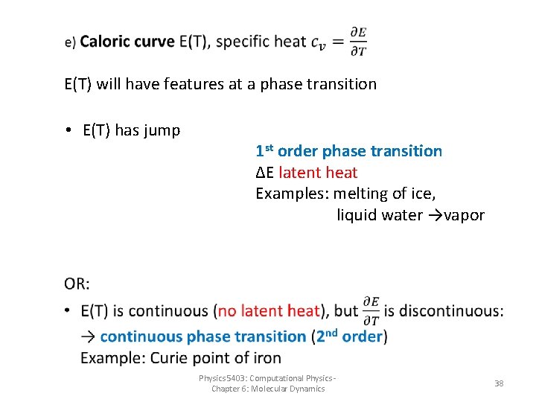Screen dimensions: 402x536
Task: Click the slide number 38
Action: tap(499, 383)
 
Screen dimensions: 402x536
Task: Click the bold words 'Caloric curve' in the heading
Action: tap(127, 42)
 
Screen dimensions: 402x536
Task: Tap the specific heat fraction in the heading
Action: tap(357, 42)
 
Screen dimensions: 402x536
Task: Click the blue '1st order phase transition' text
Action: tap(348, 151)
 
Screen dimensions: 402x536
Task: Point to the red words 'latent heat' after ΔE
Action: tap(318, 173)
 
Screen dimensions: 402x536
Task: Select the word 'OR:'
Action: tap(77, 284)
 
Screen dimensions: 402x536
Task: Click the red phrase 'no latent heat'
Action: tap(269, 311)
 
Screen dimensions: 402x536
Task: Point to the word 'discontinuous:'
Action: tap(446, 311)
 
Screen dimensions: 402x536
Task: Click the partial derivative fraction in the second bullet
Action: tap(371, 311)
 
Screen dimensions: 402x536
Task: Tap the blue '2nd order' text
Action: tap(349, 336)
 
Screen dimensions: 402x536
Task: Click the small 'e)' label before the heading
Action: tap(70, 43)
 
